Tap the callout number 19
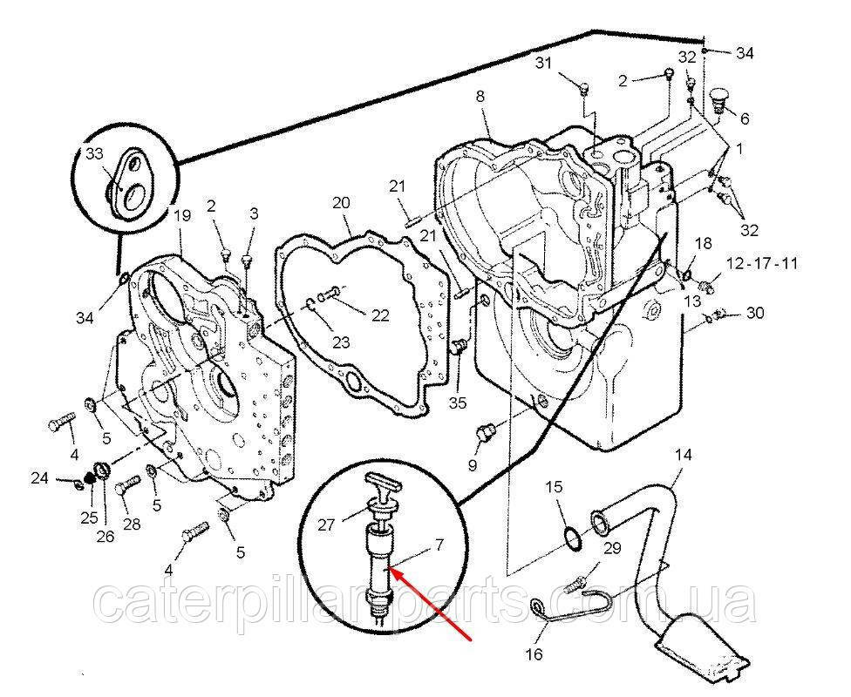(x=181, y=215)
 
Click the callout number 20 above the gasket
(x=341, y=203)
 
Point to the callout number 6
(x=744, y=116)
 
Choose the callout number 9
(x=472, y=464)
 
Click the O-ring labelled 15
(x=572, y=539)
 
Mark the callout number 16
(x=533, y=654)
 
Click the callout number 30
(x=754, y=314)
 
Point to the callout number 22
(x=379, y=316)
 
